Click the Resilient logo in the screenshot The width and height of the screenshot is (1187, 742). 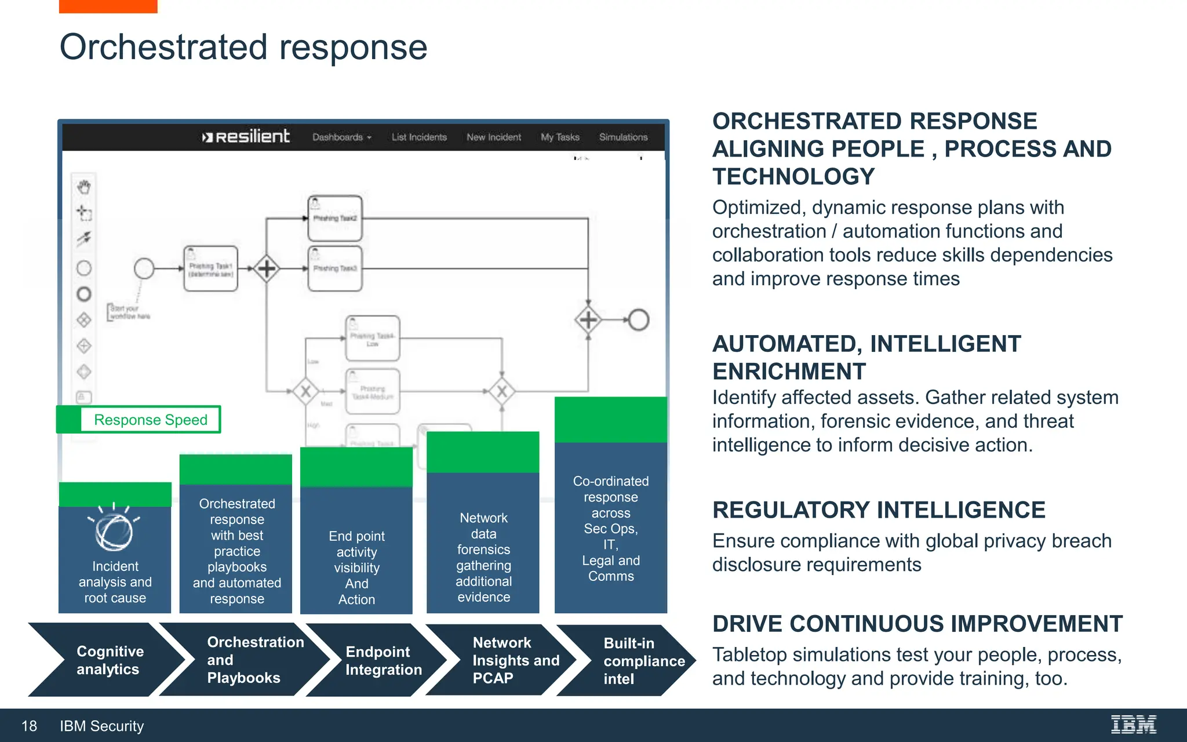coord(246,137)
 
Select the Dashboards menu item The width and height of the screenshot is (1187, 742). coord(341,137)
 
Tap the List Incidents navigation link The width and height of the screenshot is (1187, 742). coord(419,137)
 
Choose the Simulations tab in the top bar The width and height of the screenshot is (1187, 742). coord(623,137)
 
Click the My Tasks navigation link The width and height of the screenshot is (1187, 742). coord(560,137)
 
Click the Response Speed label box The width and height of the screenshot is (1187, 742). coord(150,420)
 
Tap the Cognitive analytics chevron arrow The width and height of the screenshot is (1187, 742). coord(107,660)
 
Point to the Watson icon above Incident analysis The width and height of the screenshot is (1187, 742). coord(114,530)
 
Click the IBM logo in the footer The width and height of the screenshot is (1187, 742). coord(1133,725)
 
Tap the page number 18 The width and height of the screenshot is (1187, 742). coord(29,726)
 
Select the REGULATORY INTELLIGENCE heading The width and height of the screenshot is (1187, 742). coord(879,510)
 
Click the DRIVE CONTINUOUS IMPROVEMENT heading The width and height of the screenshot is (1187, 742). coord(917,624)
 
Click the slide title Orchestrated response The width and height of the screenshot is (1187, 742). coord(243,47)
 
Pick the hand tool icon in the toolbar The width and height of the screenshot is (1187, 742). coord(84,187)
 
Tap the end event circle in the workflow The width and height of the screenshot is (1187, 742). coord(639,319)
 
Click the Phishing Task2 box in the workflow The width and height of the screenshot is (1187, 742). coord(335,218)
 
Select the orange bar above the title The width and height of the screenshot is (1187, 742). coord(108,6)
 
